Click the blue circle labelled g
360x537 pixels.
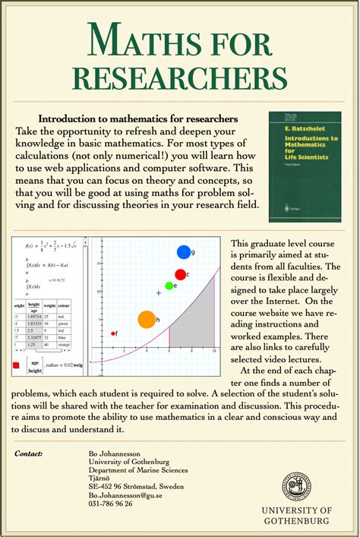coord(183,252)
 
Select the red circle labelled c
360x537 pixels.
coord(180,274)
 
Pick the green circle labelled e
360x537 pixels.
coord(169,286)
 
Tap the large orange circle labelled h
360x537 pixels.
coord(146,320)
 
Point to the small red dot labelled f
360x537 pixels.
coord(113,333)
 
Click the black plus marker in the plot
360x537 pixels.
coord(159,292)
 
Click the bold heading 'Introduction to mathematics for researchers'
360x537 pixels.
coord(138,119)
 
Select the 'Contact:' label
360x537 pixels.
coord(30,453)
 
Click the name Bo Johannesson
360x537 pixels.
coord(115,453)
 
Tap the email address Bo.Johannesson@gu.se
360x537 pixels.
coord(126,494)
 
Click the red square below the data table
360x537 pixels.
coord(16,365)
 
